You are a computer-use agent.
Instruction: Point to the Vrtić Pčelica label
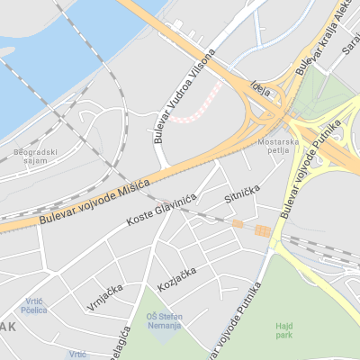34,306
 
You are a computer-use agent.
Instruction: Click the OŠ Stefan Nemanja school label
163,319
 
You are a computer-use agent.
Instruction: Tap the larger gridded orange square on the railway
262,231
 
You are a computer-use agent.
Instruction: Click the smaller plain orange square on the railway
238,223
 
